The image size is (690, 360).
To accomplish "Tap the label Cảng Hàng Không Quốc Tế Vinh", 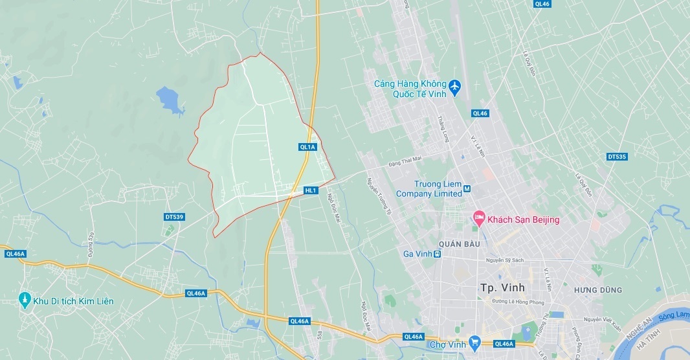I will (x=410, y=89).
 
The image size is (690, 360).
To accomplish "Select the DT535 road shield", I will (x=617, y=157).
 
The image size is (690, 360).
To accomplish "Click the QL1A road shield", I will (x=307, y=147).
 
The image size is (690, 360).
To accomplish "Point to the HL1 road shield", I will (x=311, y=190).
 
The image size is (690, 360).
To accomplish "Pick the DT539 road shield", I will (x=174, y=216).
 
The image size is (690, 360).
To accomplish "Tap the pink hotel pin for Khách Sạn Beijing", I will (x=479, y=218).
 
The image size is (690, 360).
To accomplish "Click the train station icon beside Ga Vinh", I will (x=438, y=254).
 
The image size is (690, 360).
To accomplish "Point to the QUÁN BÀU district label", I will (x=459, y=244).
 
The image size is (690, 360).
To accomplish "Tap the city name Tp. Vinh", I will (x=502, y=287).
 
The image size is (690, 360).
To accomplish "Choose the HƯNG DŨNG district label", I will (x=597, y=290).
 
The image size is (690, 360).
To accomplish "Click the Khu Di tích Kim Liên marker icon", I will (x=25, y=300).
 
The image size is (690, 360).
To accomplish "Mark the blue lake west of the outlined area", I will (x=170, y=100).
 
